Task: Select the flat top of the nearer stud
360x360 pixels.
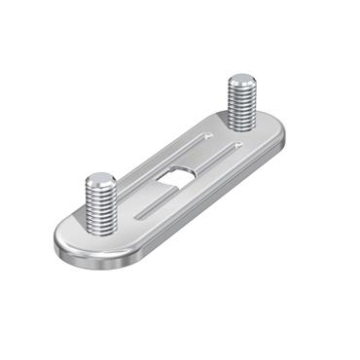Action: (x=100, y=180)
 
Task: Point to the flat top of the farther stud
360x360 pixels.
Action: (x=239, y=80)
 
